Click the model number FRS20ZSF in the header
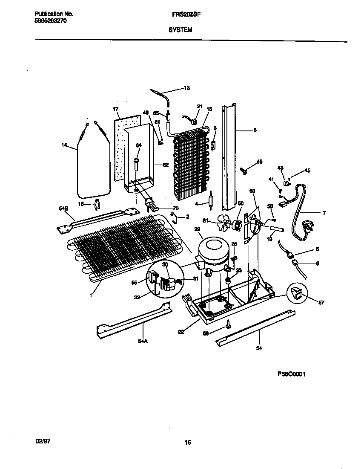[x=180, y=14]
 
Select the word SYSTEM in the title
[x=180, y=30]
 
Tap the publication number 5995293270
[x=50, y=20]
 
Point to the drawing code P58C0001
[x=292, y=374]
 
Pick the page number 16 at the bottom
[x=188, y=442]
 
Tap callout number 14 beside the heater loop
[x=64, y=145]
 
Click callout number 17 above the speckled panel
[x=115, y=109]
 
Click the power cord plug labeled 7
[x=307, y=225]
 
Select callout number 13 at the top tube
[x=186, y=88]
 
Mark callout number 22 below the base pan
[x=181, y=332]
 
